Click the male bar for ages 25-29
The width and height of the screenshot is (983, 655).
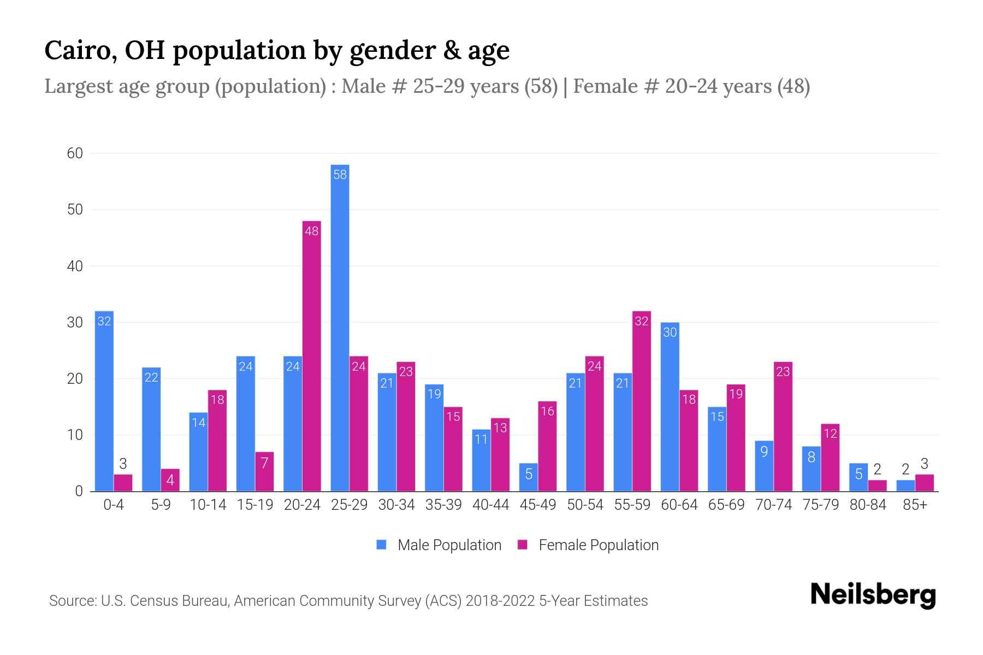click(340, 327)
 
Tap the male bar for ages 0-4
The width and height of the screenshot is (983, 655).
click(104, 401)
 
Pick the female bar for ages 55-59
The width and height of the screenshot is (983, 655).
click(642, 401)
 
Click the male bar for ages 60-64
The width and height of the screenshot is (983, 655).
click(670, 407)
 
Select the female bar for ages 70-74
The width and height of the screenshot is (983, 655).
click(783, 426)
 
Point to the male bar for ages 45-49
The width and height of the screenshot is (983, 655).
click(528, 477)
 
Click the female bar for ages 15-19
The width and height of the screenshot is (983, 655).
click(264, 472)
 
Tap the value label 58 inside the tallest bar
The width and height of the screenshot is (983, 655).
click(340, 175)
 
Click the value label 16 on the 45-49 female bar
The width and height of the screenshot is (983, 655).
click(547, 411)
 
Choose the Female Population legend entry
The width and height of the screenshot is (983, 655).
click(588, 545)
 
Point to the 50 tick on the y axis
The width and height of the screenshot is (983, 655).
click(75, 210)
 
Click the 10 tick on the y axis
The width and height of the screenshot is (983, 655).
click(75, 435)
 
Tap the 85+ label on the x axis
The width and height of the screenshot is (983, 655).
click(915, 505)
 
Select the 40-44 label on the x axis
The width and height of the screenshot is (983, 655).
click(490, 505)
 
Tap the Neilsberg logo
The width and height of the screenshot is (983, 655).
click(873, 595)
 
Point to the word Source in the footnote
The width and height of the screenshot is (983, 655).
click(72, 601)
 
